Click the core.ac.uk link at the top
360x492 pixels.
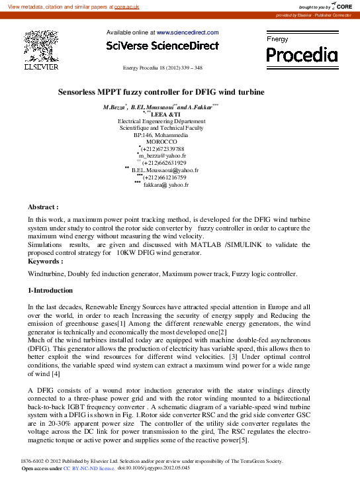126,6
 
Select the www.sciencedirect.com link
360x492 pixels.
187,32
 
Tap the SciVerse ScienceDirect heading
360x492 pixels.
162,46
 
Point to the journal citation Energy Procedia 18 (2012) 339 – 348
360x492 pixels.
163,68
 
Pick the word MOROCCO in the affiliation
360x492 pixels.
161,142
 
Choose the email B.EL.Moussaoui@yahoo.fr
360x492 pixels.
161,170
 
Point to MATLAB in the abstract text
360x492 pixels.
207,244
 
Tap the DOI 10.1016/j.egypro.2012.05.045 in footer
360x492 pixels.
154,467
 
